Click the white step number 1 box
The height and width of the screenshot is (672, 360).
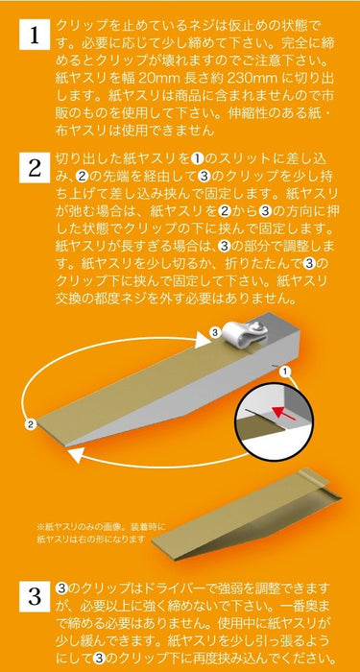pyautogui.click(x=34, y=37)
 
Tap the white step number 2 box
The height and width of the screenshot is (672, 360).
pyautogui.click(x=34, y=171)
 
